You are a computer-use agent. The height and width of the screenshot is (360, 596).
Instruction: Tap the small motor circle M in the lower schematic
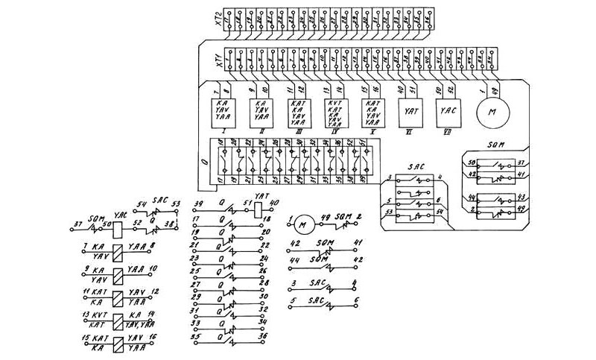click(302, 221)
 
